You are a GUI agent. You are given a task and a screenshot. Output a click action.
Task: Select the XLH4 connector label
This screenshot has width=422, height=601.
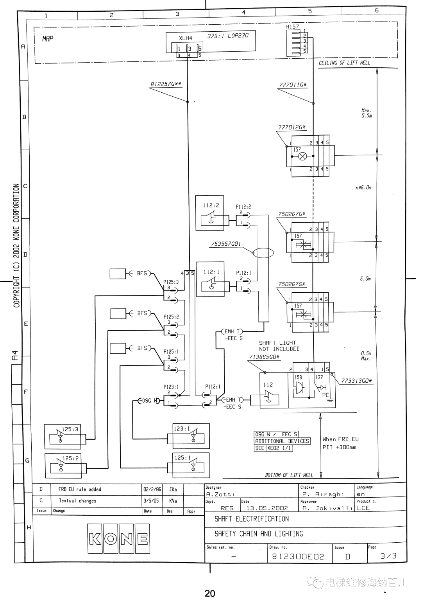click(x=186, y=38)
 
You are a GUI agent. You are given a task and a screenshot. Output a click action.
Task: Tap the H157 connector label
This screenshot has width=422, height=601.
click(x=292, y=27)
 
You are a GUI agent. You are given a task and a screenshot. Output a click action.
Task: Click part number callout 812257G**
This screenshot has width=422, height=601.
click(x=166, y=84)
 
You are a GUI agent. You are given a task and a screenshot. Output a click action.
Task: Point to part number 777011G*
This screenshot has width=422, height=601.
click(x=293, y=85)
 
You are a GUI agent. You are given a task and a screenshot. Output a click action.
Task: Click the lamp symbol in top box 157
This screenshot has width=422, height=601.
click(x=302, y=156)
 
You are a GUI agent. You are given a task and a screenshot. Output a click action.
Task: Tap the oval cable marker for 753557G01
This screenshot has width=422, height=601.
click(x=263, y=253)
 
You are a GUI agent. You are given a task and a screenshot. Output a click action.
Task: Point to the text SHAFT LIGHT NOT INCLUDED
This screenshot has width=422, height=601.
click(x=279, y=346)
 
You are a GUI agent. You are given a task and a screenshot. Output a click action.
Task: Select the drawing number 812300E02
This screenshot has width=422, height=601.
click(x=298, y=557)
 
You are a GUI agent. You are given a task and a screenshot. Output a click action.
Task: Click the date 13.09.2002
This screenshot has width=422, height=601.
click(x=267, y=508)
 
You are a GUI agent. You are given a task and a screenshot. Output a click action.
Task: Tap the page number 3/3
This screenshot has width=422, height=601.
click(x=388, y=556)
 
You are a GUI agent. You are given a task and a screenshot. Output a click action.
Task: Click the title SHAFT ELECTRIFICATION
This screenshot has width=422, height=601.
click(x=252, y=519)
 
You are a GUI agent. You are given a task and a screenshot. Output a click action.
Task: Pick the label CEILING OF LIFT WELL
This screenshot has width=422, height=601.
click(x=344, y=63)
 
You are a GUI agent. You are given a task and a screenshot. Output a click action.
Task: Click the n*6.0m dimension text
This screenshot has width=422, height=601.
click(x=364, y=187)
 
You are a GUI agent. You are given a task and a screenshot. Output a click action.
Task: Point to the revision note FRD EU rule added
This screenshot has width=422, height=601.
click(x=80, y=489)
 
